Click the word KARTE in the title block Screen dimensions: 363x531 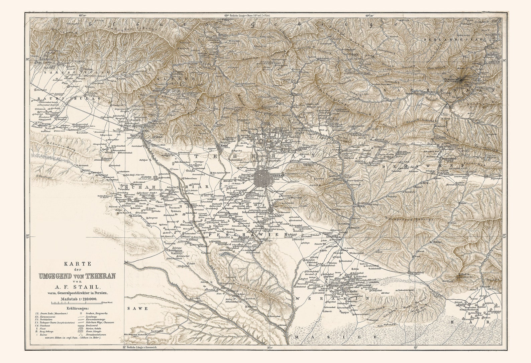[x=77, y=263]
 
